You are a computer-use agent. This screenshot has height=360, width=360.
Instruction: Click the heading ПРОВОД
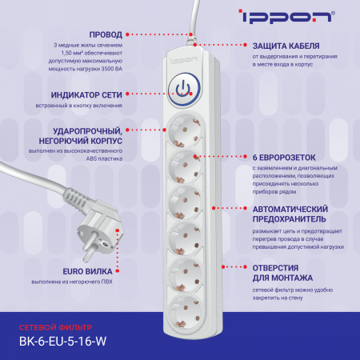[x=107, y=35]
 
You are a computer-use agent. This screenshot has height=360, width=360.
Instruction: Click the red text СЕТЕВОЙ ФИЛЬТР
[x=55, y=326]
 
